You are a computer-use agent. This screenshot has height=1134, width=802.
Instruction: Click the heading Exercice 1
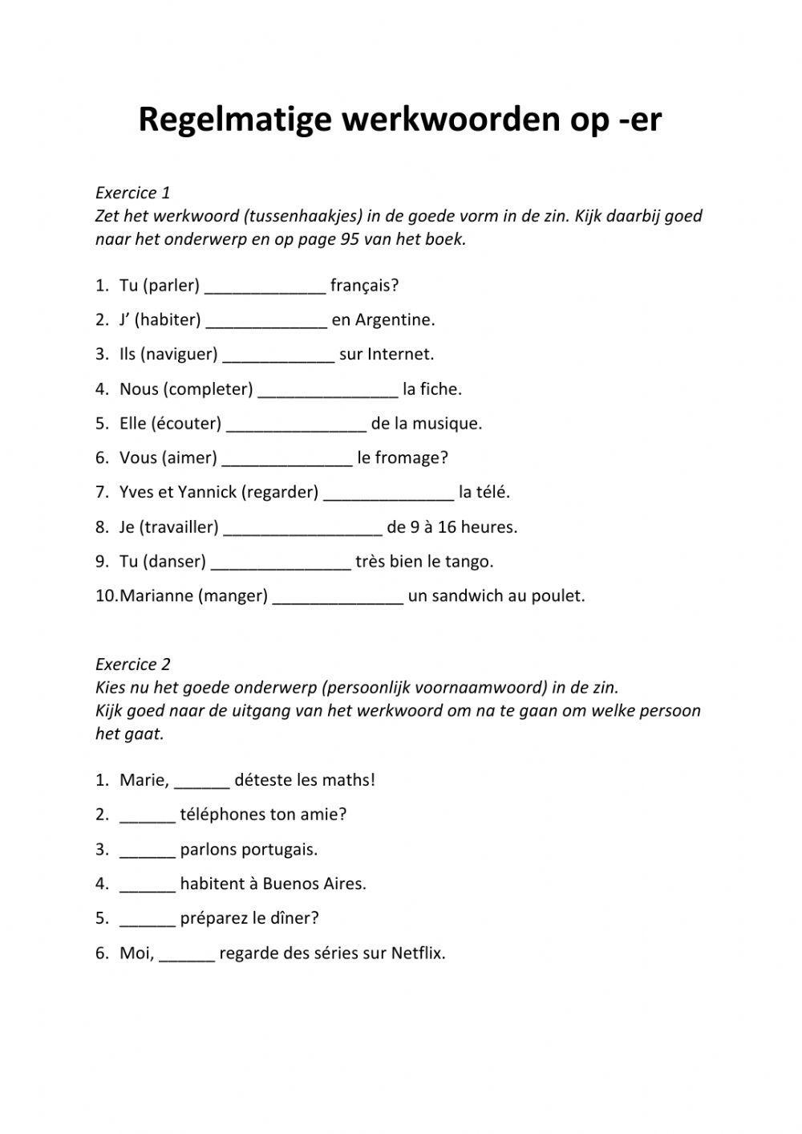[132, 193]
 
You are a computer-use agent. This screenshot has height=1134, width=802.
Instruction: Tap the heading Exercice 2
[132, 665]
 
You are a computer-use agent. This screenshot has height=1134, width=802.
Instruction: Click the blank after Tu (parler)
[265, 287]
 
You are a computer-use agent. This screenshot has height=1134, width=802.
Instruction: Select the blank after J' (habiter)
[266, 322]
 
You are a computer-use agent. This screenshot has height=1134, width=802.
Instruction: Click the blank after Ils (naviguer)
[278, 356]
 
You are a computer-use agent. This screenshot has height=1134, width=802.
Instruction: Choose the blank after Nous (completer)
[328, 391]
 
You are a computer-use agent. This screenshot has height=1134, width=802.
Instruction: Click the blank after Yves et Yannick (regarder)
[388, 494]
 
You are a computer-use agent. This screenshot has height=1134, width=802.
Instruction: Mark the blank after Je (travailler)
[302, 529]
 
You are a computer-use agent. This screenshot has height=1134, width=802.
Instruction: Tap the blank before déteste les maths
[201, 782]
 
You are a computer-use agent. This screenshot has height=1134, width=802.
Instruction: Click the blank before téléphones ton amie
[148, 816]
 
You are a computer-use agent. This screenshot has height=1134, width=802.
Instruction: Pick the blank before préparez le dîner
[148, 920]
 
